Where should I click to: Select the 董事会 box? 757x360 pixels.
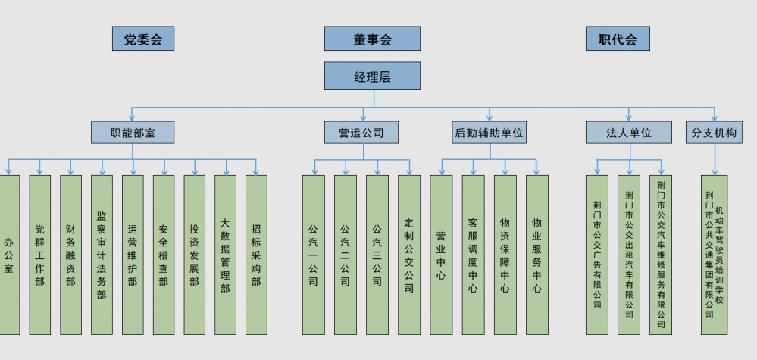tap(372, 39)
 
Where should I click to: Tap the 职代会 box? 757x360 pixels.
tap(618, 39)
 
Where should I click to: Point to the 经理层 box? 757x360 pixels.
tap(372, 77)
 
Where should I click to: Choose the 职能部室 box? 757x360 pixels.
tap(133, 133)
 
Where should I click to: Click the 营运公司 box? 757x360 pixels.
tap(361, 133)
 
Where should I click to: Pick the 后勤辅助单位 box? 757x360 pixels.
tap(489, 133)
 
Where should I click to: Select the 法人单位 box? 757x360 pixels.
tap(629, 133)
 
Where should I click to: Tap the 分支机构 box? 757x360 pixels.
tap(713, 133)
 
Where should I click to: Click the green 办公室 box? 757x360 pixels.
tap(9, 255)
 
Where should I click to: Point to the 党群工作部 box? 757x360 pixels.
tap(39, 255)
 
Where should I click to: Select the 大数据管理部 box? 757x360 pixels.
tap(225, 255)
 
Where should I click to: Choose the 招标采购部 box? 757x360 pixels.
tap(256, 255)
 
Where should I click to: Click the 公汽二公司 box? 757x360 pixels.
tap(345, 255)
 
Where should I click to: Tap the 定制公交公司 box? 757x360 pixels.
tap(409, 255)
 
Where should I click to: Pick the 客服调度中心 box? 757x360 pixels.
tap(473, 255)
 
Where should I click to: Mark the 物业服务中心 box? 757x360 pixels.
tap(536, 255)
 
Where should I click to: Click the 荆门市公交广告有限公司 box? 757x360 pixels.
tap(597, 255)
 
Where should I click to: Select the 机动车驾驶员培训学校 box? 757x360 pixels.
tap(714, 255)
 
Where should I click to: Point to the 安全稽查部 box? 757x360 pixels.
tap(163, 255)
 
